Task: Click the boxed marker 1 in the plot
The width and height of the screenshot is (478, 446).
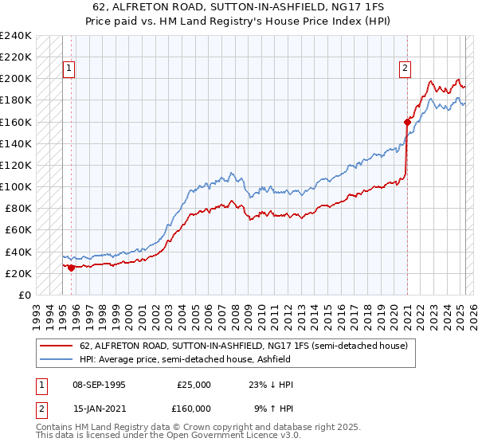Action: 70,69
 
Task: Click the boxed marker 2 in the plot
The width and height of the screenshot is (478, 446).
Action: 406,69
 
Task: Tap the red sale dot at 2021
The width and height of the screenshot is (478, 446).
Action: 407,122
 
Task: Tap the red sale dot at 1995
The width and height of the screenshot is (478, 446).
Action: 72,268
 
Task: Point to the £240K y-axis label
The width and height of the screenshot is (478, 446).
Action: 16,36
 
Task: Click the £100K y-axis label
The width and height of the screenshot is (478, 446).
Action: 16,186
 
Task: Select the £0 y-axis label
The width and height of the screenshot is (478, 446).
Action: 24,295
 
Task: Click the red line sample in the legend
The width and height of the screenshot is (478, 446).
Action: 56,346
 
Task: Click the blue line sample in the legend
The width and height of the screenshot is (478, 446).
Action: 56,359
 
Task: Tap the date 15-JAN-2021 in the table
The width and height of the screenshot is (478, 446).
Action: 98,409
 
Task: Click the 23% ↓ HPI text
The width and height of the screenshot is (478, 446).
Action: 271,385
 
